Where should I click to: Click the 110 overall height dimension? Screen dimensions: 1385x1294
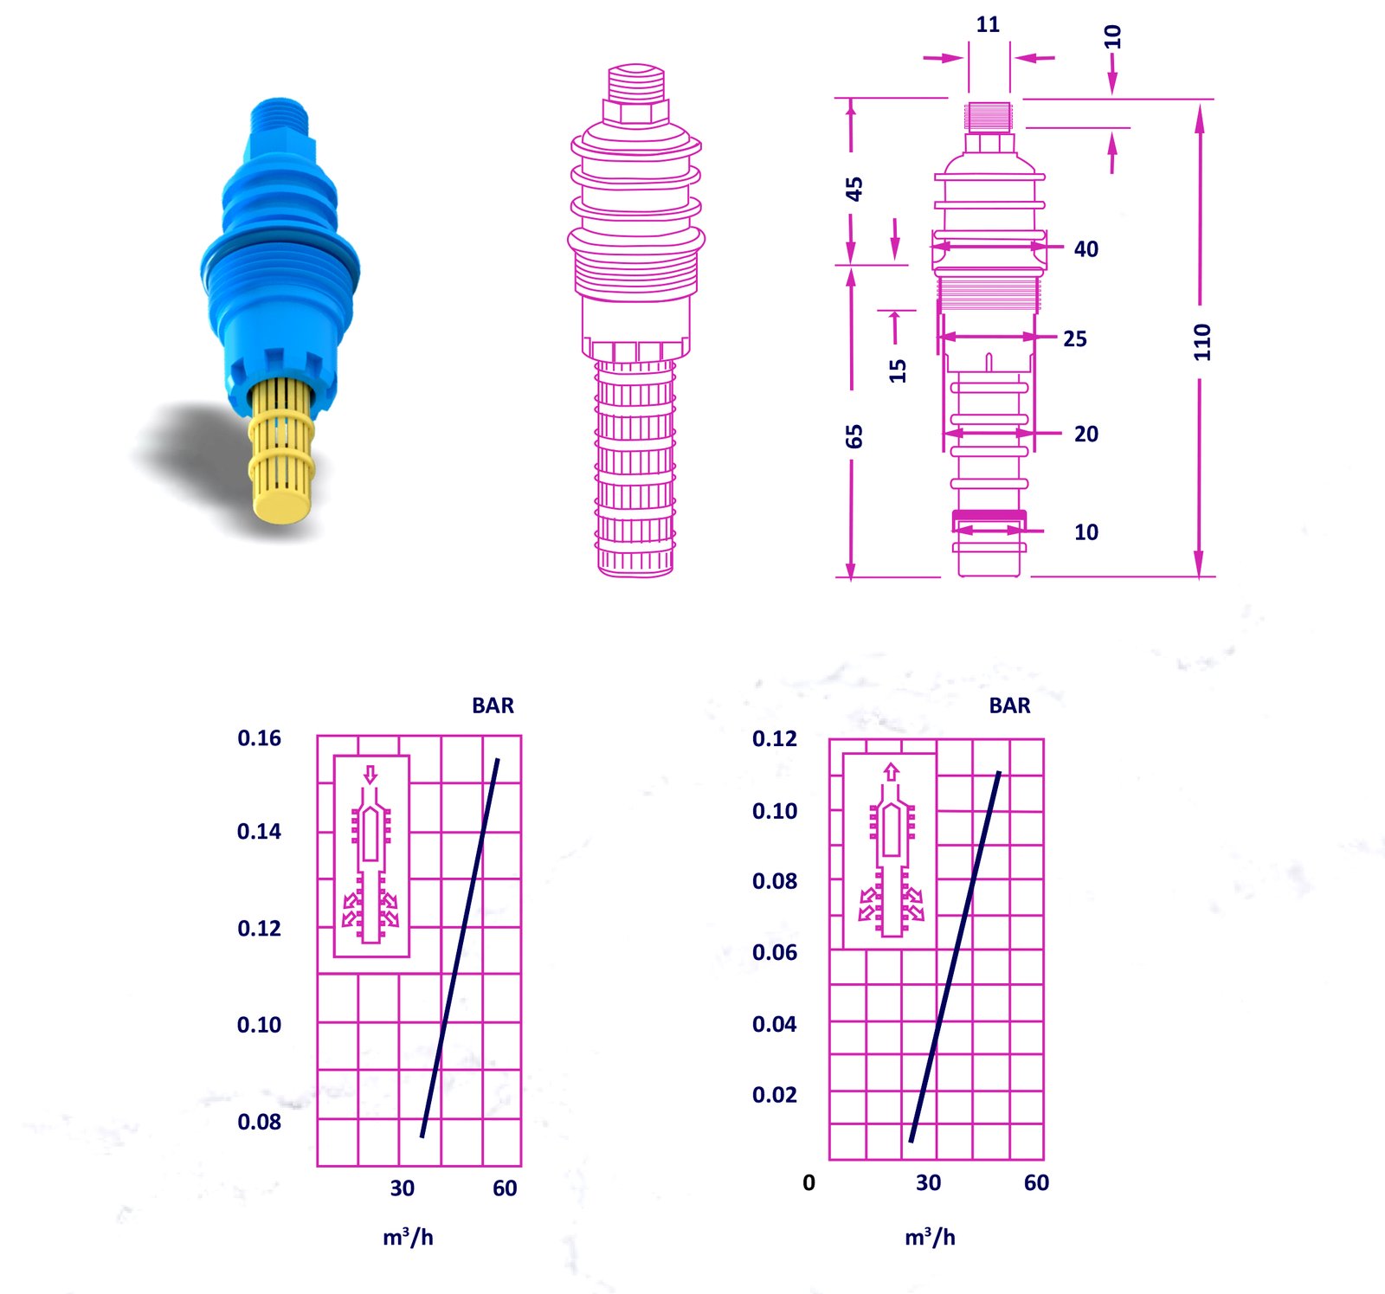1201,342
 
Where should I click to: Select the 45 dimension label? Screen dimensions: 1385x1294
854,189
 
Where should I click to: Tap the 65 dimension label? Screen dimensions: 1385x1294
854,436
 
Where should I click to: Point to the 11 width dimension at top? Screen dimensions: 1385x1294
988,24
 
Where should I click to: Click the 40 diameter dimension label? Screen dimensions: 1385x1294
1086,249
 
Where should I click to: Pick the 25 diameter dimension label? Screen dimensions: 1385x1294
1075,338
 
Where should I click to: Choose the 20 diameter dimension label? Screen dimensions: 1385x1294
1086,434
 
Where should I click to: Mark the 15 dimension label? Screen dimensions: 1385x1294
898,370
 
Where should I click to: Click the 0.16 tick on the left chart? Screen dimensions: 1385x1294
259,738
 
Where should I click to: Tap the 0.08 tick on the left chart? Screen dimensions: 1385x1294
259,1122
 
